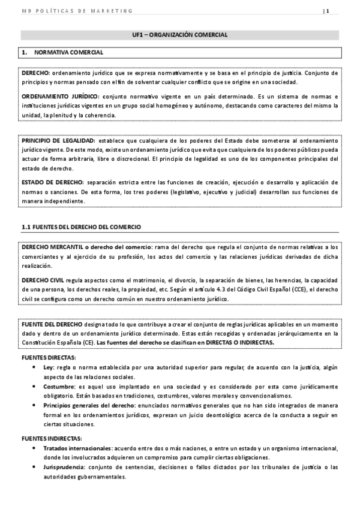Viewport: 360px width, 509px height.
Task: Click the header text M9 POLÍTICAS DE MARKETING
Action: point(76,11)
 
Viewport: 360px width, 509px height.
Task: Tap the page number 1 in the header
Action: point(328,11)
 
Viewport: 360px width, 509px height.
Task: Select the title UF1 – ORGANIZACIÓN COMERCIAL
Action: point(180,35)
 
